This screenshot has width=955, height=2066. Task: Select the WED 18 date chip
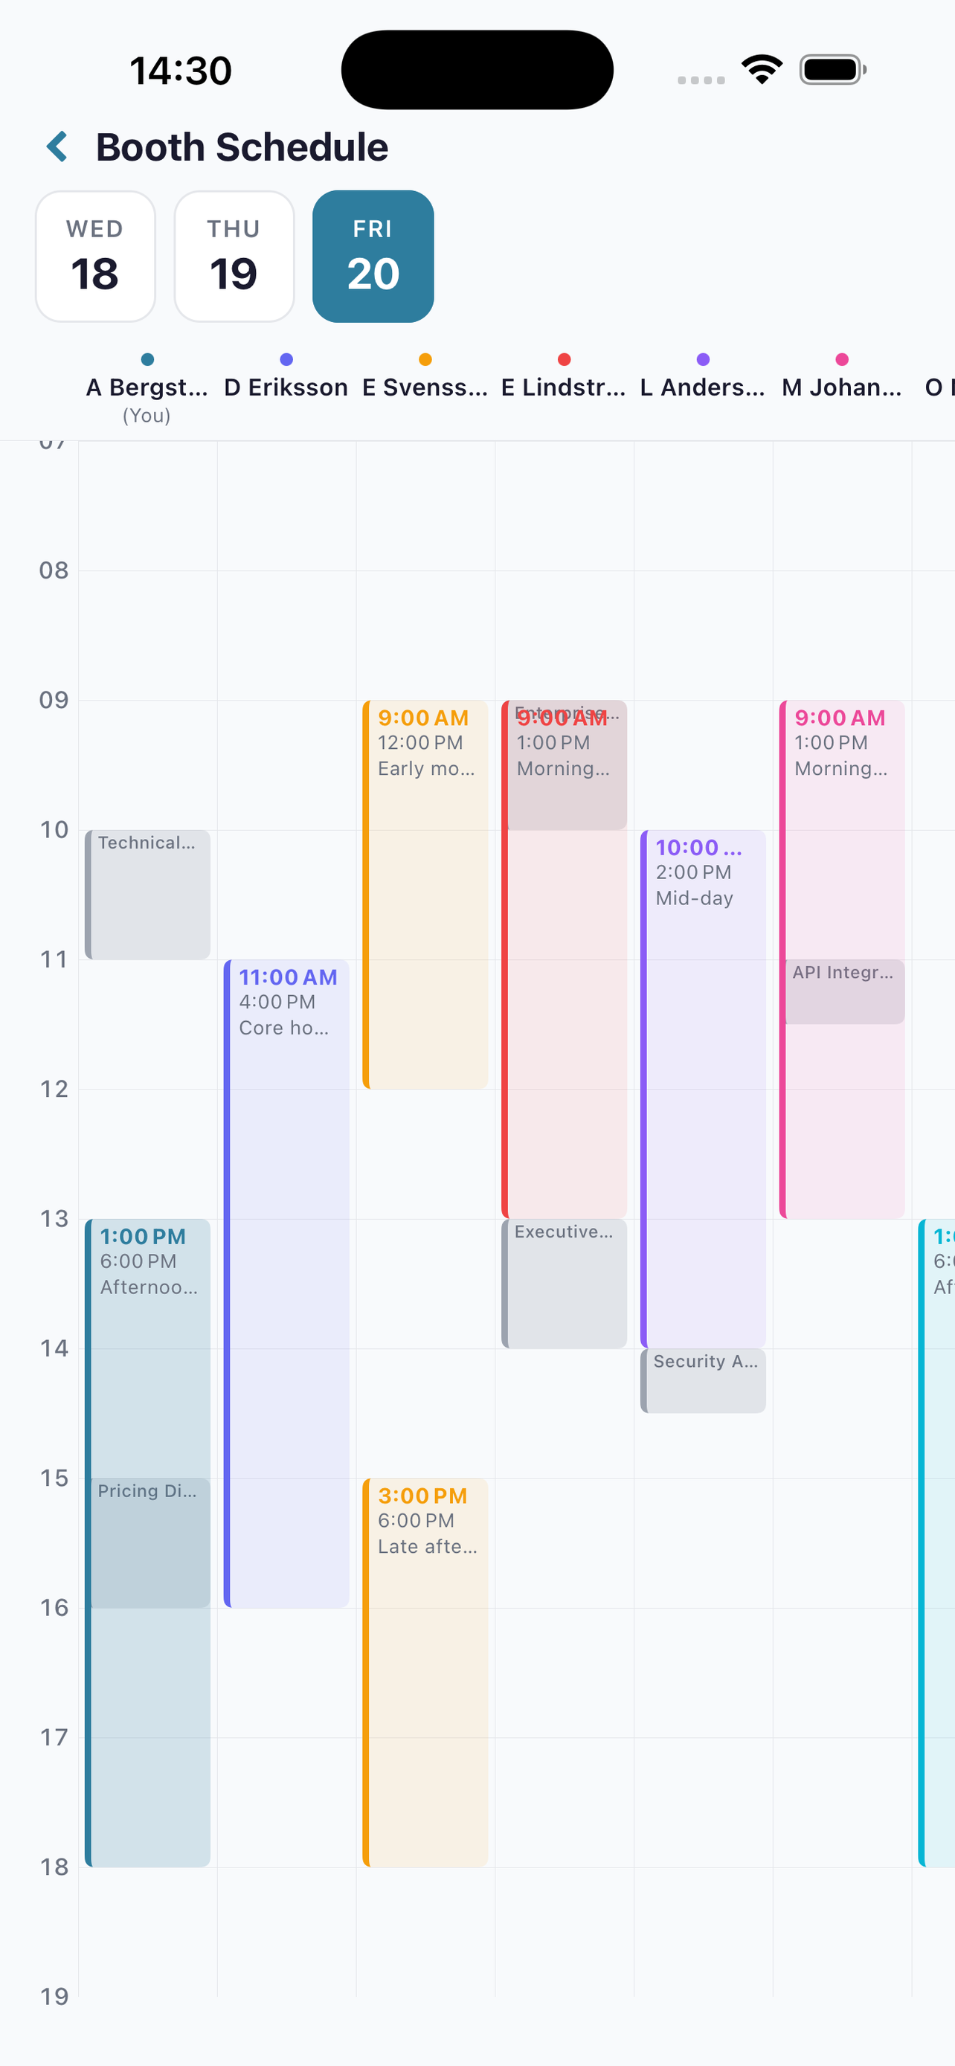95,257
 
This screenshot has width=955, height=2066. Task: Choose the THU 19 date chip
234,257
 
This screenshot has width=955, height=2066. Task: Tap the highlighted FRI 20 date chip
373,257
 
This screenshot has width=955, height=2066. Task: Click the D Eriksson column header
286,387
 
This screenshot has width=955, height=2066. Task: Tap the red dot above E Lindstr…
564,359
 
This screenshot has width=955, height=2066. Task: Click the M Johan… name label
841,387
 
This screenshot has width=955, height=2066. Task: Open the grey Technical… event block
148,894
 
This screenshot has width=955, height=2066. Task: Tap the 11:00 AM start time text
288,977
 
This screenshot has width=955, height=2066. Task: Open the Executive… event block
565,1283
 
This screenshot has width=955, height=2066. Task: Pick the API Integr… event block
843,991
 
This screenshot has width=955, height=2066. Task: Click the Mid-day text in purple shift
695,898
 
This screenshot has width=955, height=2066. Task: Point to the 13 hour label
54,1218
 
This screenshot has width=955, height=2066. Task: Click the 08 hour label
54,570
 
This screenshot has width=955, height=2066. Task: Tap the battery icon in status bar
832,70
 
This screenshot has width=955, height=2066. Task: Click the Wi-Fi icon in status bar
762,70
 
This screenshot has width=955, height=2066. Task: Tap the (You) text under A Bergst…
147,416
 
